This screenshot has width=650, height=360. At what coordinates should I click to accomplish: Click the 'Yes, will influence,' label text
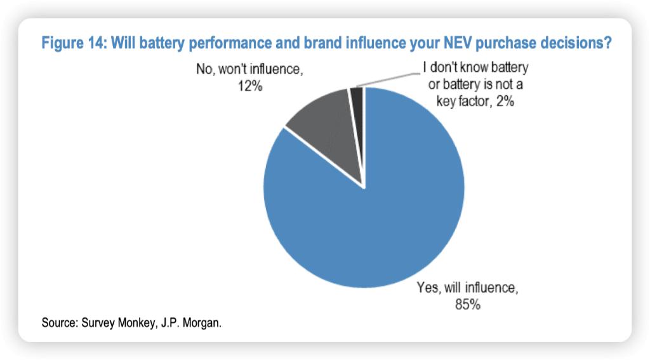468,288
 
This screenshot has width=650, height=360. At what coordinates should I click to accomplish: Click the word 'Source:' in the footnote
60,323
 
